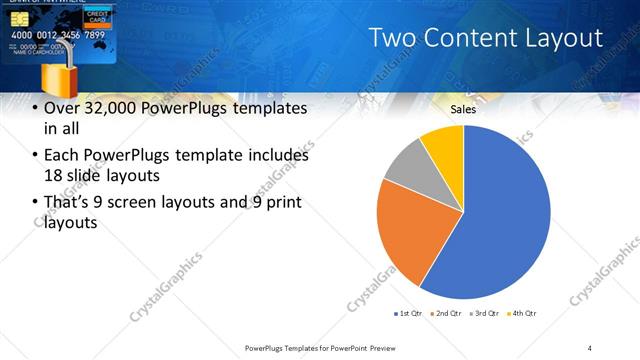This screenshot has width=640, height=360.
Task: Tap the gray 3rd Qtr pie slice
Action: [406, 164]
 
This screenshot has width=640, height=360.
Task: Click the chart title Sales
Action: [462, 109]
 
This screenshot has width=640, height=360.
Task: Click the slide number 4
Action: [589, 347]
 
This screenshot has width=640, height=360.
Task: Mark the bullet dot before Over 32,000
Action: [36, 108]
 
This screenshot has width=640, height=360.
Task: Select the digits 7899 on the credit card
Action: [95, 35]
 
